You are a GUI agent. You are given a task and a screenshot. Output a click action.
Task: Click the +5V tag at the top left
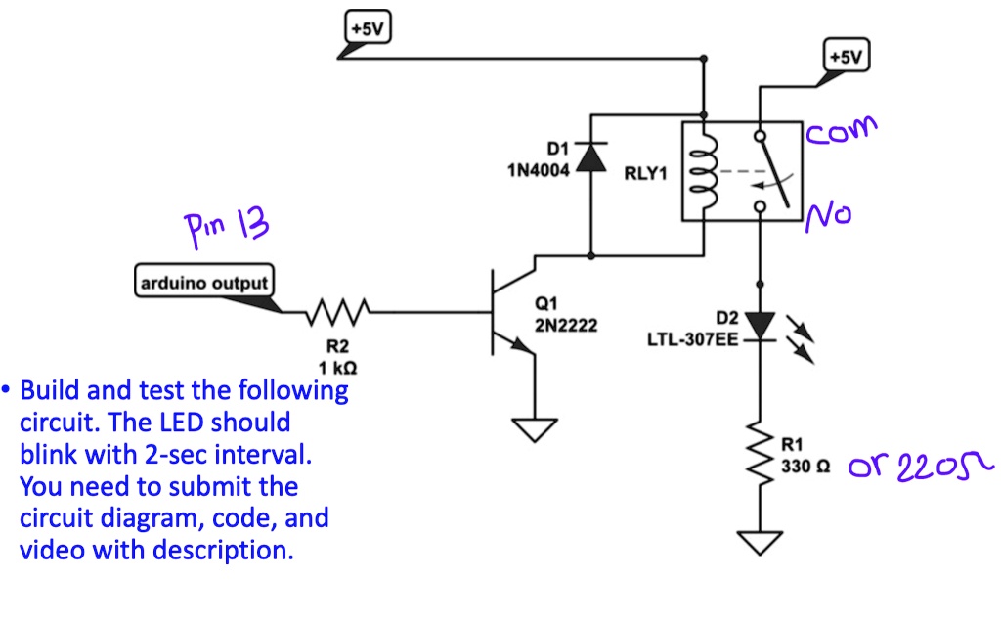coord(368,28)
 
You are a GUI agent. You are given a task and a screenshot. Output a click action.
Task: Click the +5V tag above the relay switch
coord(847,57)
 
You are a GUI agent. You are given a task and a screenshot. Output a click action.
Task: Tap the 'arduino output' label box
coord(204,284)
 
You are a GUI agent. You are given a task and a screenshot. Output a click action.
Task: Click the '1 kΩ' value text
coord(337,368)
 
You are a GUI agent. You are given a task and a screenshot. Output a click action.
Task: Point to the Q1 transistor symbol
coord(508,313)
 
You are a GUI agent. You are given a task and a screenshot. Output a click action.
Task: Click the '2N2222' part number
coord(566,325)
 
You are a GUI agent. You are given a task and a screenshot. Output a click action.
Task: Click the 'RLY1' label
coord(644,175)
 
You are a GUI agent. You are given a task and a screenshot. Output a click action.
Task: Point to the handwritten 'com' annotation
coord(841,130)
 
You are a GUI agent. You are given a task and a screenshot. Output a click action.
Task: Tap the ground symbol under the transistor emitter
coord(534,427)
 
